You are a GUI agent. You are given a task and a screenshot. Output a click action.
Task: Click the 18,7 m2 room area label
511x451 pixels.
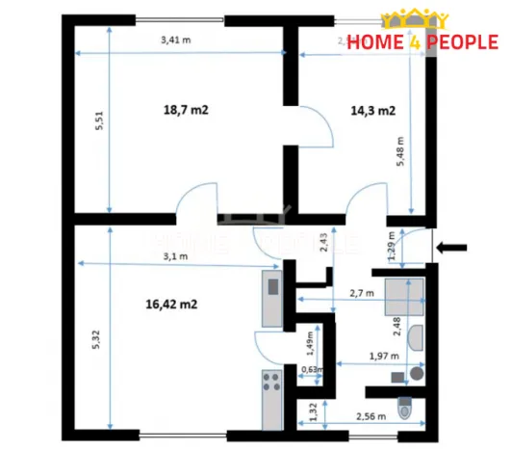click(x=186, y=111)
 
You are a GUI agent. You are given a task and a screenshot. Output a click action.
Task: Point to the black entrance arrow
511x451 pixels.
click(x=452, y=248)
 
